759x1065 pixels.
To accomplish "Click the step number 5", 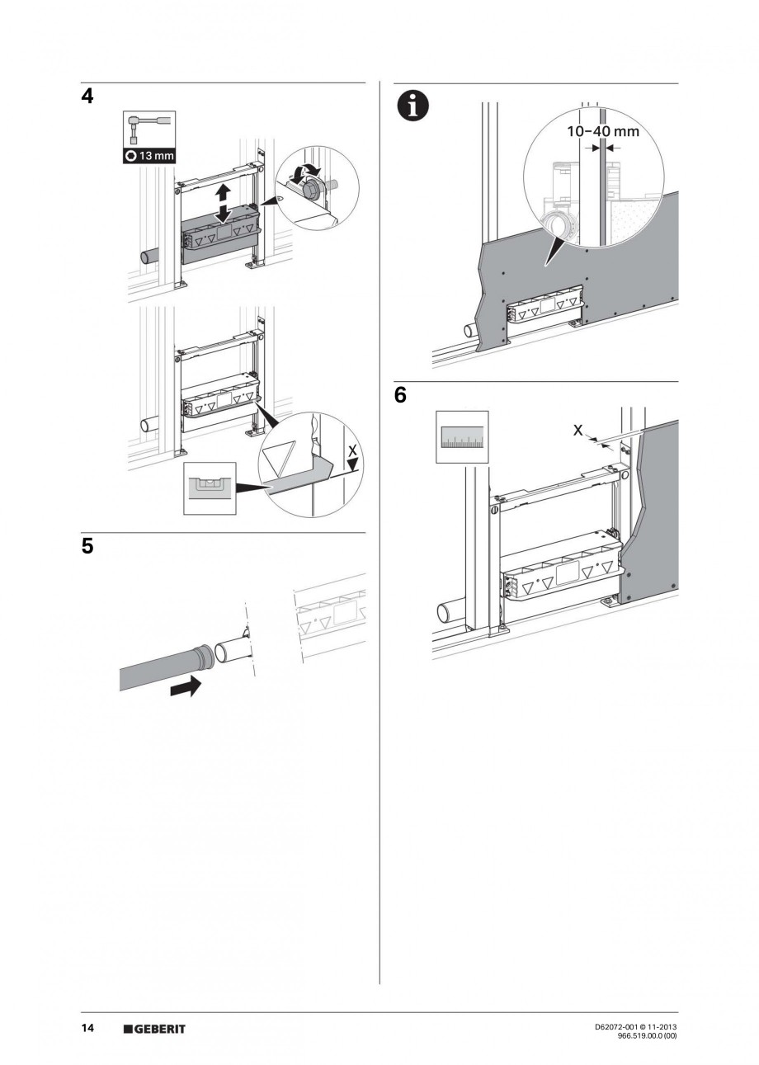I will point(87,547).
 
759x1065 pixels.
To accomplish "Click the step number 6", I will point(401,396).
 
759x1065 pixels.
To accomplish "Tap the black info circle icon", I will point(412,108).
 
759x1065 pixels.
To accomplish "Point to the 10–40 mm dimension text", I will point(602,130).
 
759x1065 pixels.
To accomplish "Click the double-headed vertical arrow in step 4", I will point(222,203).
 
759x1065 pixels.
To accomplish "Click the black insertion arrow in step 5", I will point(186,685).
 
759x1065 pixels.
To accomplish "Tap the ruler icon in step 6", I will point(461,437).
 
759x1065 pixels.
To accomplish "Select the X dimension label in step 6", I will point(577,431).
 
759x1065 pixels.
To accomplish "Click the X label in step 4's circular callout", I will point(352,451).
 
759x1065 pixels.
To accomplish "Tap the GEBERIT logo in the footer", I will point(154,1029).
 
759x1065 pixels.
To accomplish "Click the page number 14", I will point(87,1028).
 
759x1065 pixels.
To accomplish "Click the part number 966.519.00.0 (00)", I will point(648,1036).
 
